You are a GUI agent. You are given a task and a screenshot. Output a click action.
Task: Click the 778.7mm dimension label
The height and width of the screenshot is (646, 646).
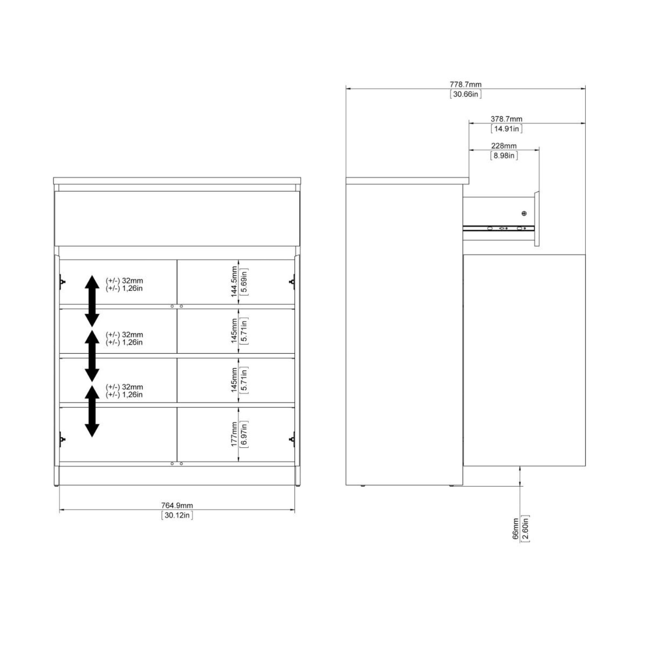tap(465, 85)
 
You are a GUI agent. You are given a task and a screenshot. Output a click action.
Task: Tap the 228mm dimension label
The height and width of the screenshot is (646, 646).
tap(504, 146)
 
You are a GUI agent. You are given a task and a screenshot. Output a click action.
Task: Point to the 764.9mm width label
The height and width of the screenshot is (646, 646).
tap(177, 505)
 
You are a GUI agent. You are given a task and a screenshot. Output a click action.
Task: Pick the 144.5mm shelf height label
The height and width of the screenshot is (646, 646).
tap(234, 282)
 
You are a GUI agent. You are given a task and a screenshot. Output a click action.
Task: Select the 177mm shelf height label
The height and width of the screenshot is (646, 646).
tap(234, 434)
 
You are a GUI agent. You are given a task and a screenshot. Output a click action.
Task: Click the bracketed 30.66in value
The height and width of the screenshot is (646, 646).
tap(465, 94)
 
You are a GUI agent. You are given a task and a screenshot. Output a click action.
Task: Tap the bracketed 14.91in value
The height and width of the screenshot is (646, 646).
tap(506, 129)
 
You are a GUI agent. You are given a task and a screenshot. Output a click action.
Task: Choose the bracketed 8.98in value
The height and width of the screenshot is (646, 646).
tap(504, 156)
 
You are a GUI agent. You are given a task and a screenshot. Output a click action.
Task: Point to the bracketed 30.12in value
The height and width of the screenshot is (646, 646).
tap(177, 515)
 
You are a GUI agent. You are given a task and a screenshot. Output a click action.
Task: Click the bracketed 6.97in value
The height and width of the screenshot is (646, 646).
tap(244, 434)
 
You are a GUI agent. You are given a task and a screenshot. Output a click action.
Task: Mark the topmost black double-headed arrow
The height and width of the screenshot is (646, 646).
tap(92, 301)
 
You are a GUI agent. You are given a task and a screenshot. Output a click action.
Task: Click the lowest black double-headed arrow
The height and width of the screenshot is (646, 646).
tap(92, 411)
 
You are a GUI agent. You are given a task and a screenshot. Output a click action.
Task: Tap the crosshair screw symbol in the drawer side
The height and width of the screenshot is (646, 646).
tap(524, 213)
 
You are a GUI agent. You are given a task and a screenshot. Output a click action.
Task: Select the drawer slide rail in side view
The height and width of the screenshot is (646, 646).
tap(498, 229)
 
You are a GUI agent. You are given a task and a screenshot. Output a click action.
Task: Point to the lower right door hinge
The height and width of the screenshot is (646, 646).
tap(292, 439)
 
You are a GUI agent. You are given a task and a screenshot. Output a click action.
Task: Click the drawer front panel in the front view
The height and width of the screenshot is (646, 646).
tap(177, 218)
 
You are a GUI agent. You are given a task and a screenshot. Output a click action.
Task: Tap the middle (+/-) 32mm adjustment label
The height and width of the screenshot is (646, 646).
tap(124, 334)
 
